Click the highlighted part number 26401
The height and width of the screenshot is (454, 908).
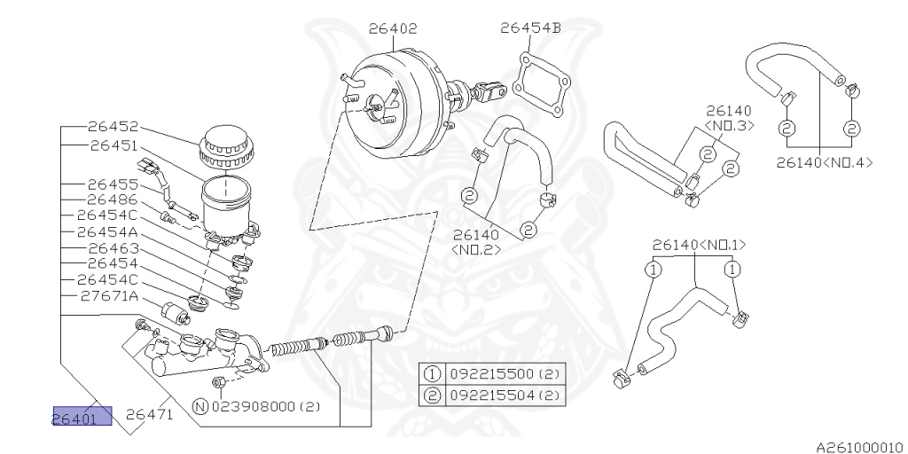pos(82,417)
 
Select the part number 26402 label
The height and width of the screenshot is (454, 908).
pos(393,28)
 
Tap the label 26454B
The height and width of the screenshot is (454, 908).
pos(530,27)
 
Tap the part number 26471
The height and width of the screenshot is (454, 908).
pos(152,413)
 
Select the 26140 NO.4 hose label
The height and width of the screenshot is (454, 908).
pos(824,162)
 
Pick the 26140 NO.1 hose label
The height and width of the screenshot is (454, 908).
pos(699,244)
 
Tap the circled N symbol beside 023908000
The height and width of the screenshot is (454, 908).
pos(200,407)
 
